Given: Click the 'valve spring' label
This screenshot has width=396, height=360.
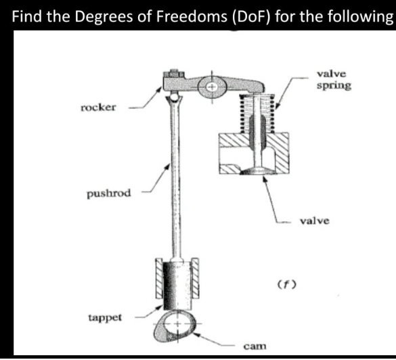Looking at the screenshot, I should tap(333, 80).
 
